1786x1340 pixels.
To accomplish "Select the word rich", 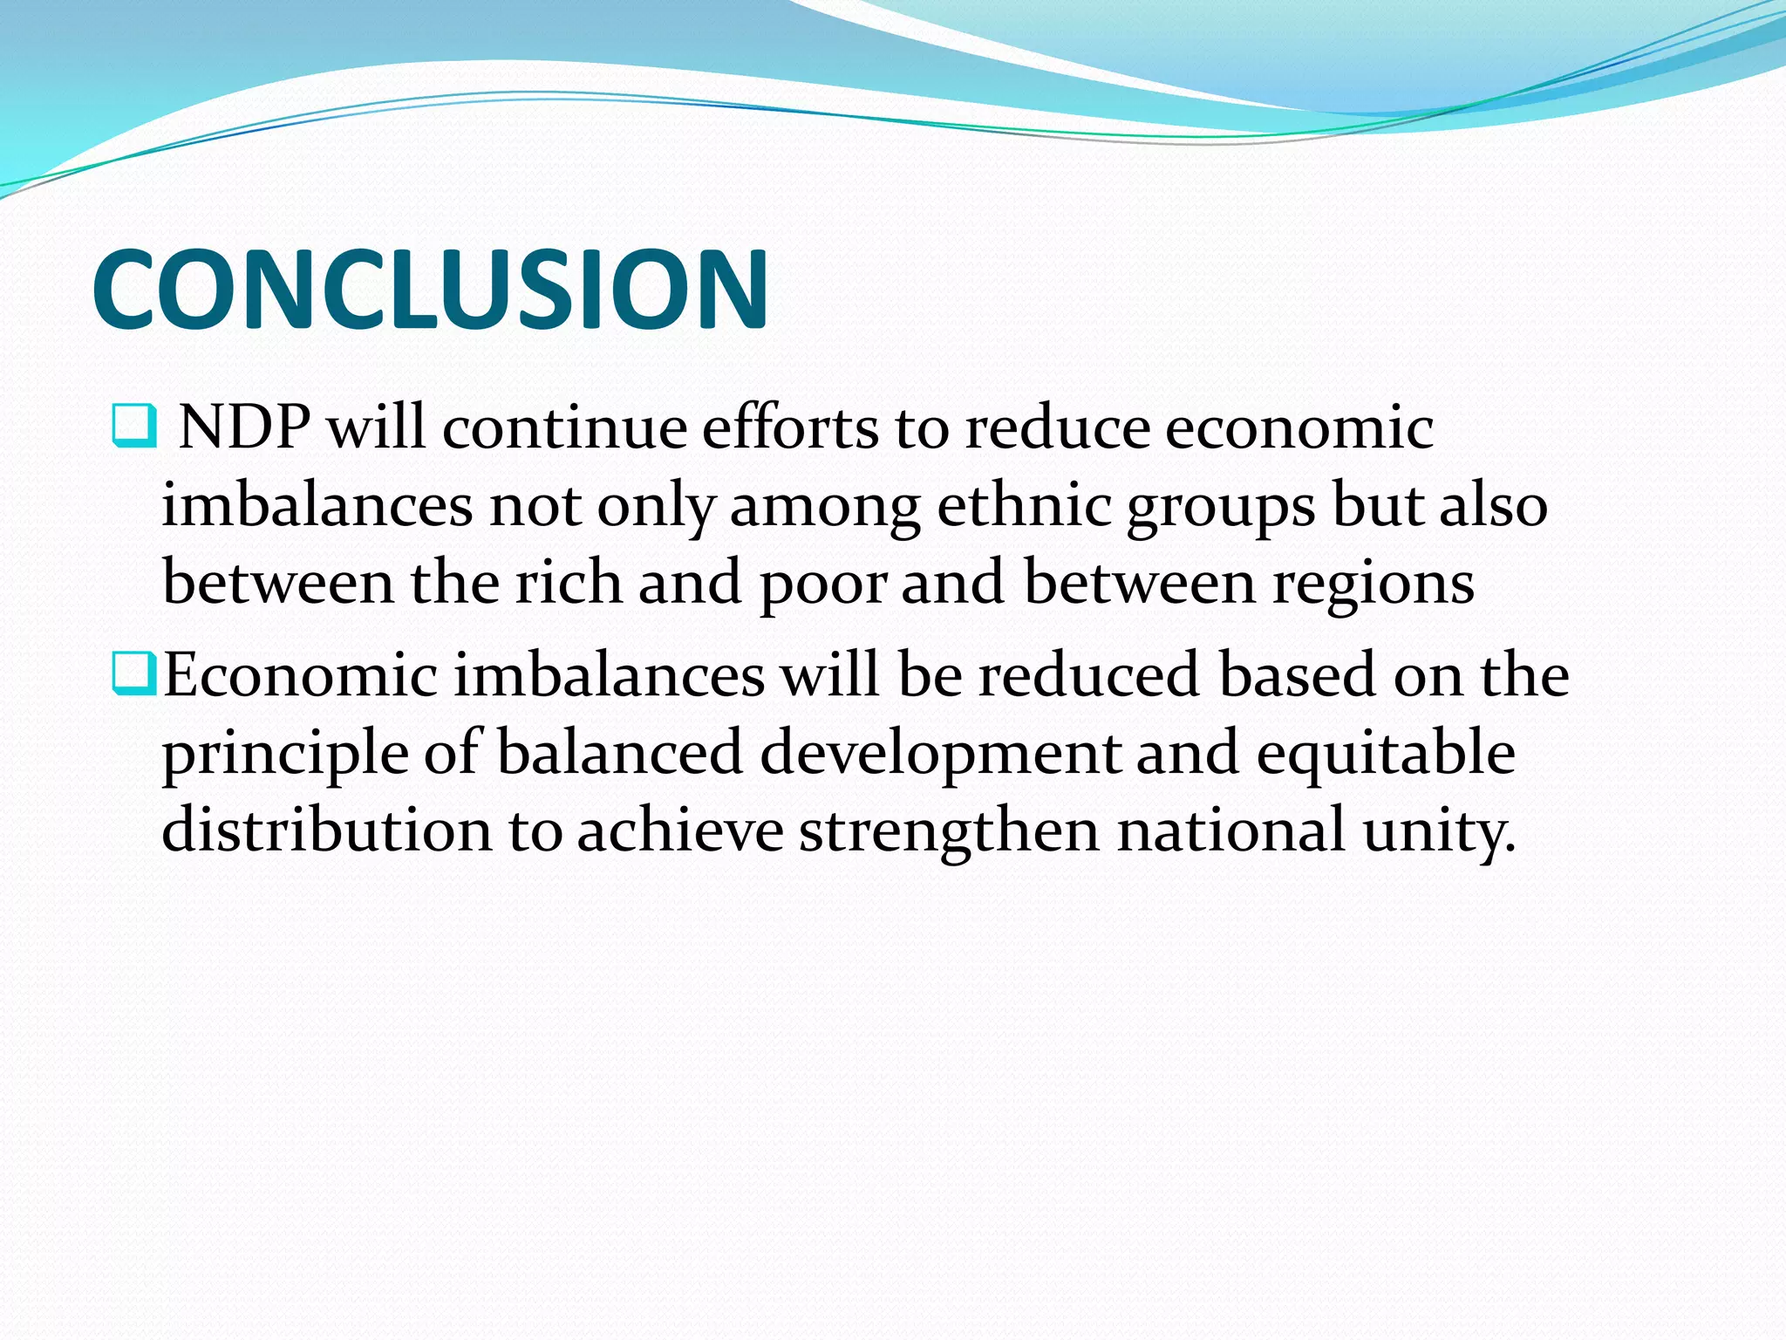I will [x=569, y=582].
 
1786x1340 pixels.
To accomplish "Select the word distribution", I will [x=327, y=829].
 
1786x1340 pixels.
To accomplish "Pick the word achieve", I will [x=680, y=831].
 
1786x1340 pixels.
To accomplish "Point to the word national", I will [x=1231, y=829].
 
